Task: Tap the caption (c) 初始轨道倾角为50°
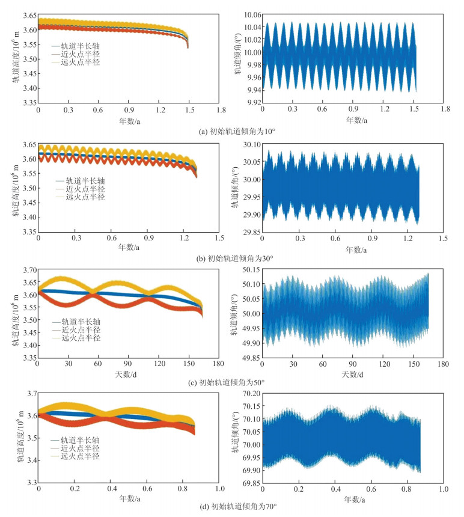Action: (231, 382)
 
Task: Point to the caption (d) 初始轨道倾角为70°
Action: (231, 506)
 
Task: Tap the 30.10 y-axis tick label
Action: (249, 144)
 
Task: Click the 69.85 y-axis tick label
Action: (249, 482)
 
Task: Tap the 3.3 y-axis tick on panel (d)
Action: (28, 482)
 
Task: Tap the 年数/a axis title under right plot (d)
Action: (352, 498)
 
